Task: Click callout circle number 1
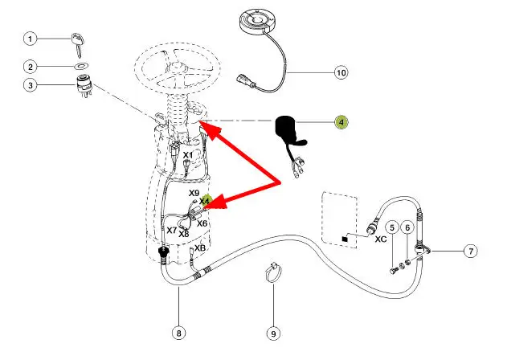(x=31, y=39)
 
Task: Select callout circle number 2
(x=31, y=66)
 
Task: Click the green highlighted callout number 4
(x=341, y=121)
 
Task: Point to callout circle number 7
(x=471, y=251)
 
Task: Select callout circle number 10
(x=341, y=72)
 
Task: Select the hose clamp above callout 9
(x=273, y=272)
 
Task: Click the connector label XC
(x=381, y=239)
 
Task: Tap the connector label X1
(x=188, y=154)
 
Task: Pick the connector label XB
(x=201, y=248)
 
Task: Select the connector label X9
(x=194, y=193)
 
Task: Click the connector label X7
(x=171, y=231)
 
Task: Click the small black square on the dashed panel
(x=343, y=238)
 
